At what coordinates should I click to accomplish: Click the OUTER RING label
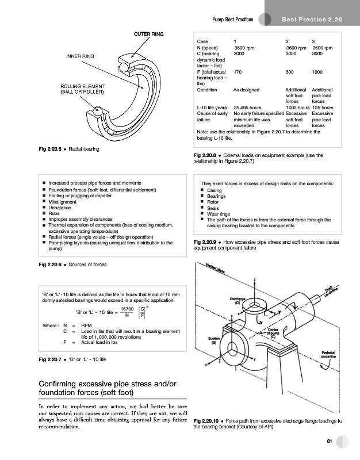tap(149, 34)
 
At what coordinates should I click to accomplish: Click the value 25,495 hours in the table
tap(248, 107)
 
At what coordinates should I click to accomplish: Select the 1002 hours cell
tap(298, 107)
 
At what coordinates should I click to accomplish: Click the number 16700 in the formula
tap(120, 309)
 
